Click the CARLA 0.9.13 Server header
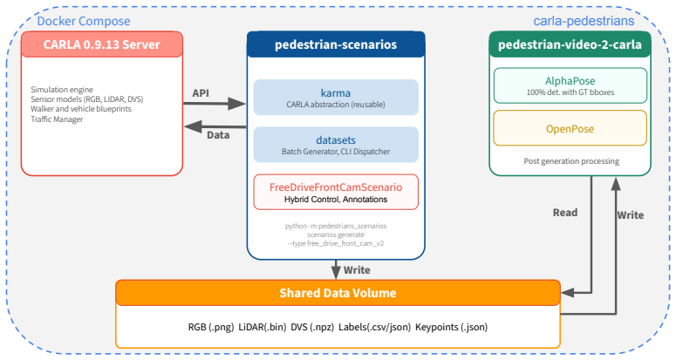click(102, 44)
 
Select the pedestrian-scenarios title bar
click(336, 44)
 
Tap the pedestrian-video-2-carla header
click(570, 44)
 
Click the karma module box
click(336, 98)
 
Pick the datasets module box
click(336, 145)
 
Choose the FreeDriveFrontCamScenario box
click(336, 192)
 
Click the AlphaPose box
click(570, 85)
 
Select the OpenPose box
click(570, 128)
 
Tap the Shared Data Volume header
click(338, 293)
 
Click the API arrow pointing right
click(215, 104)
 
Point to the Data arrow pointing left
click(215, 127)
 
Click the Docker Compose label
click(84, 21)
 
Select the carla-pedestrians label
click(584, 21)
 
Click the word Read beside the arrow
click(565, 213)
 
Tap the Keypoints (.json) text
click(451, 327)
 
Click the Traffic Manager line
click(57, 119)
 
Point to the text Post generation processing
click(571, 161)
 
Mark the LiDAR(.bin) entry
click(263, 327)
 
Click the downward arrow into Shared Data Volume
click(336, 270)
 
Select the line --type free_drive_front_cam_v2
click(336, 243)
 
